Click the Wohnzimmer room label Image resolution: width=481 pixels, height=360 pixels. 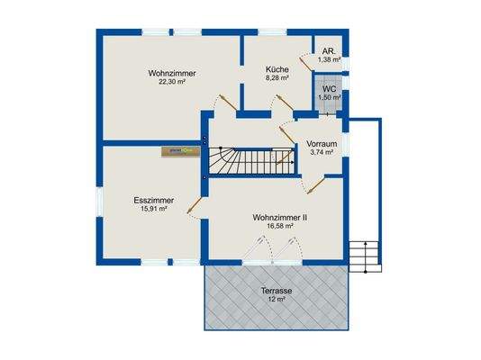point(172,72)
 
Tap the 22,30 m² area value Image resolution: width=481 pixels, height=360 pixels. point(172,81)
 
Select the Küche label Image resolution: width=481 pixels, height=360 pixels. point(277,69)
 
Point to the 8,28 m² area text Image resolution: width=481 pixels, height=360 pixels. point(277,78)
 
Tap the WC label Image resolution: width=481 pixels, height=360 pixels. point(329,89)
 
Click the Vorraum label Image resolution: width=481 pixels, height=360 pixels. point(322,144)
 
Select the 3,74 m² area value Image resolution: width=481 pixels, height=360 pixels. point(322,153)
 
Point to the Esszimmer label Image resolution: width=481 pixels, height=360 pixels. point(152,200)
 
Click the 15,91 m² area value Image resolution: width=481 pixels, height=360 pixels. point(152,209)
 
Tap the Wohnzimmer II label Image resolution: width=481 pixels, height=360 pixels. point(278,217)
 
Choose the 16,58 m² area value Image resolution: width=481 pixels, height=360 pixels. point(277,226)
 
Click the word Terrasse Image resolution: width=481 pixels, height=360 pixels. point(277,291)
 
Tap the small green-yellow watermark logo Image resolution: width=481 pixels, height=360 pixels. point(180,152)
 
